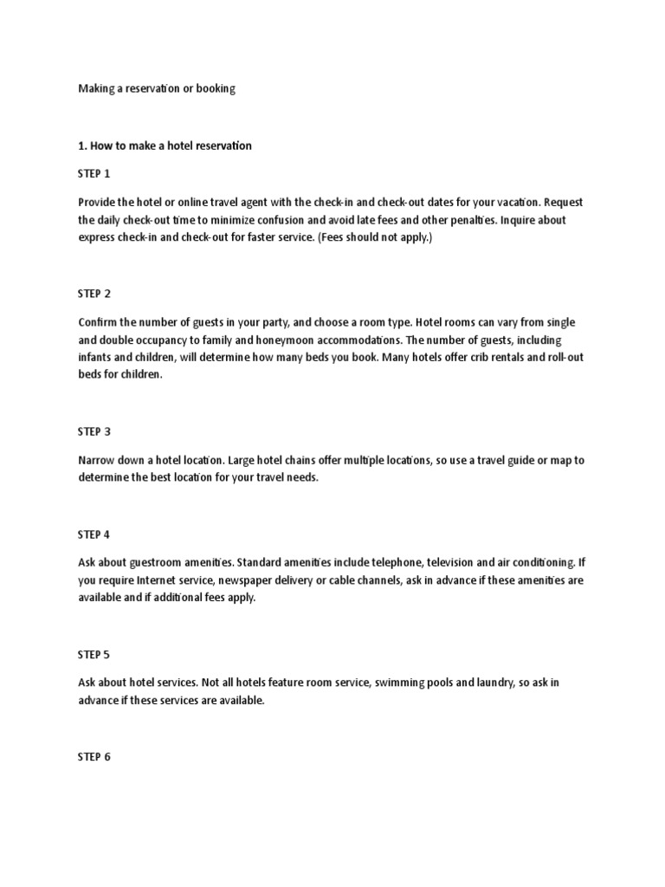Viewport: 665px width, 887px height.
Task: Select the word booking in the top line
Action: [x=216, y=89]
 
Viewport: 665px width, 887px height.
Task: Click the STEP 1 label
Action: [x=94, y=174]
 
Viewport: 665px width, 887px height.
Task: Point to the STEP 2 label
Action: [x=94, y=294]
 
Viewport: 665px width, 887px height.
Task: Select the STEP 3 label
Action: [x=94, y=431]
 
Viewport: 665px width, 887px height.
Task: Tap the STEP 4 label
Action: [x=94, y=534]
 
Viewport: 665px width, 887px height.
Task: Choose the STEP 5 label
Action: [x=94, y=654]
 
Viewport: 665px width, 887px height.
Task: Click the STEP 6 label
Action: [x=94, y=756]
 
